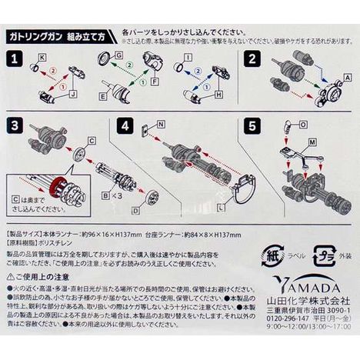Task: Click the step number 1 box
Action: click(x=13, y=58)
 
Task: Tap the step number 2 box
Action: click(x=251, y=58)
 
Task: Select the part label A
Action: click(x=346, y=77)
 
